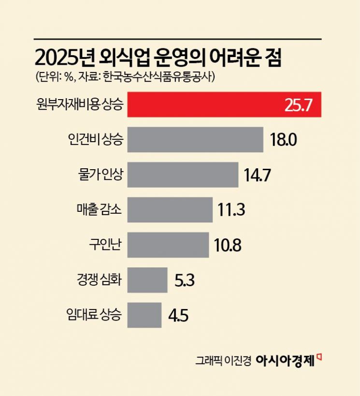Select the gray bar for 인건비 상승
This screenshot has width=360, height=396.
tap(195, 140)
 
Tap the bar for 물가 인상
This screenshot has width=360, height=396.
tap(183, 175)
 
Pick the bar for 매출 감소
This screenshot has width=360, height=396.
tap(170, 210)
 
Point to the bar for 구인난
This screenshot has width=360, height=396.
tap(168, 245)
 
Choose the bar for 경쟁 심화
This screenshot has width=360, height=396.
tap(147, 280)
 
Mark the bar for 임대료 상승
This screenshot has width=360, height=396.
tap(144, 315)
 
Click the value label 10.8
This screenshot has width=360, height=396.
tap(228, 245)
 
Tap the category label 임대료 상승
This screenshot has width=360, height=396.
tap(95, 315)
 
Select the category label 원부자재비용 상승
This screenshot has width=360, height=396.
tap(80, 105)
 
